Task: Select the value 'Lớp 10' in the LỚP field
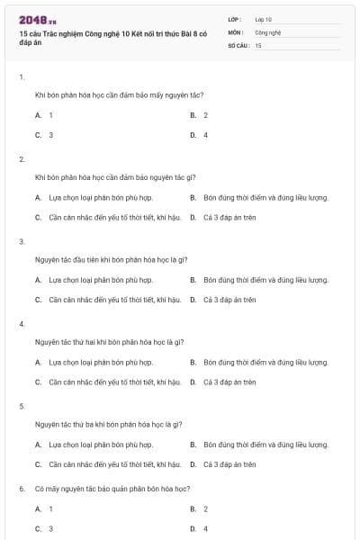[264, 18]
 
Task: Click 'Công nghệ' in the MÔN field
[268, 31]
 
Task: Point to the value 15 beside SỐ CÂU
[258, 45]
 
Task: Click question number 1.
[21, 76]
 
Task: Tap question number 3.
[21, 241]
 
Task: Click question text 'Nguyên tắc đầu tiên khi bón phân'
[98, 259]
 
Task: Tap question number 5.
[21, 406]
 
